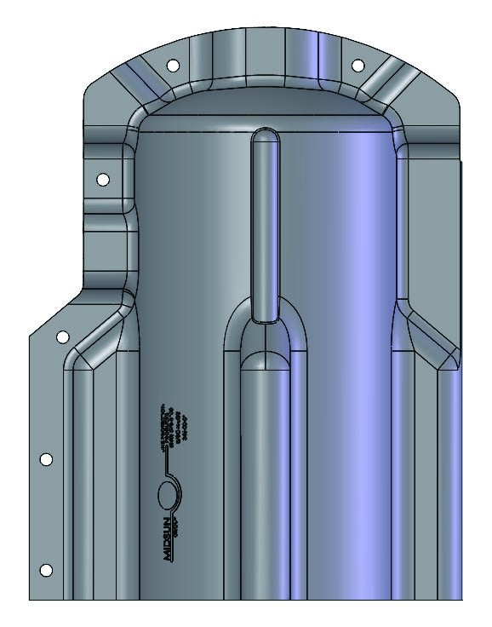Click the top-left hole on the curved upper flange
[172, 65]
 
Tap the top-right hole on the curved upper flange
[358, 65]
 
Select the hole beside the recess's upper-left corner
[103, 180]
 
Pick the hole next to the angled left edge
[62, 337]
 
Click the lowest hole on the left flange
[47, 569]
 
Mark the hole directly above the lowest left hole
[47, 459]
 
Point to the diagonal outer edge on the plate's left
[56, 312]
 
